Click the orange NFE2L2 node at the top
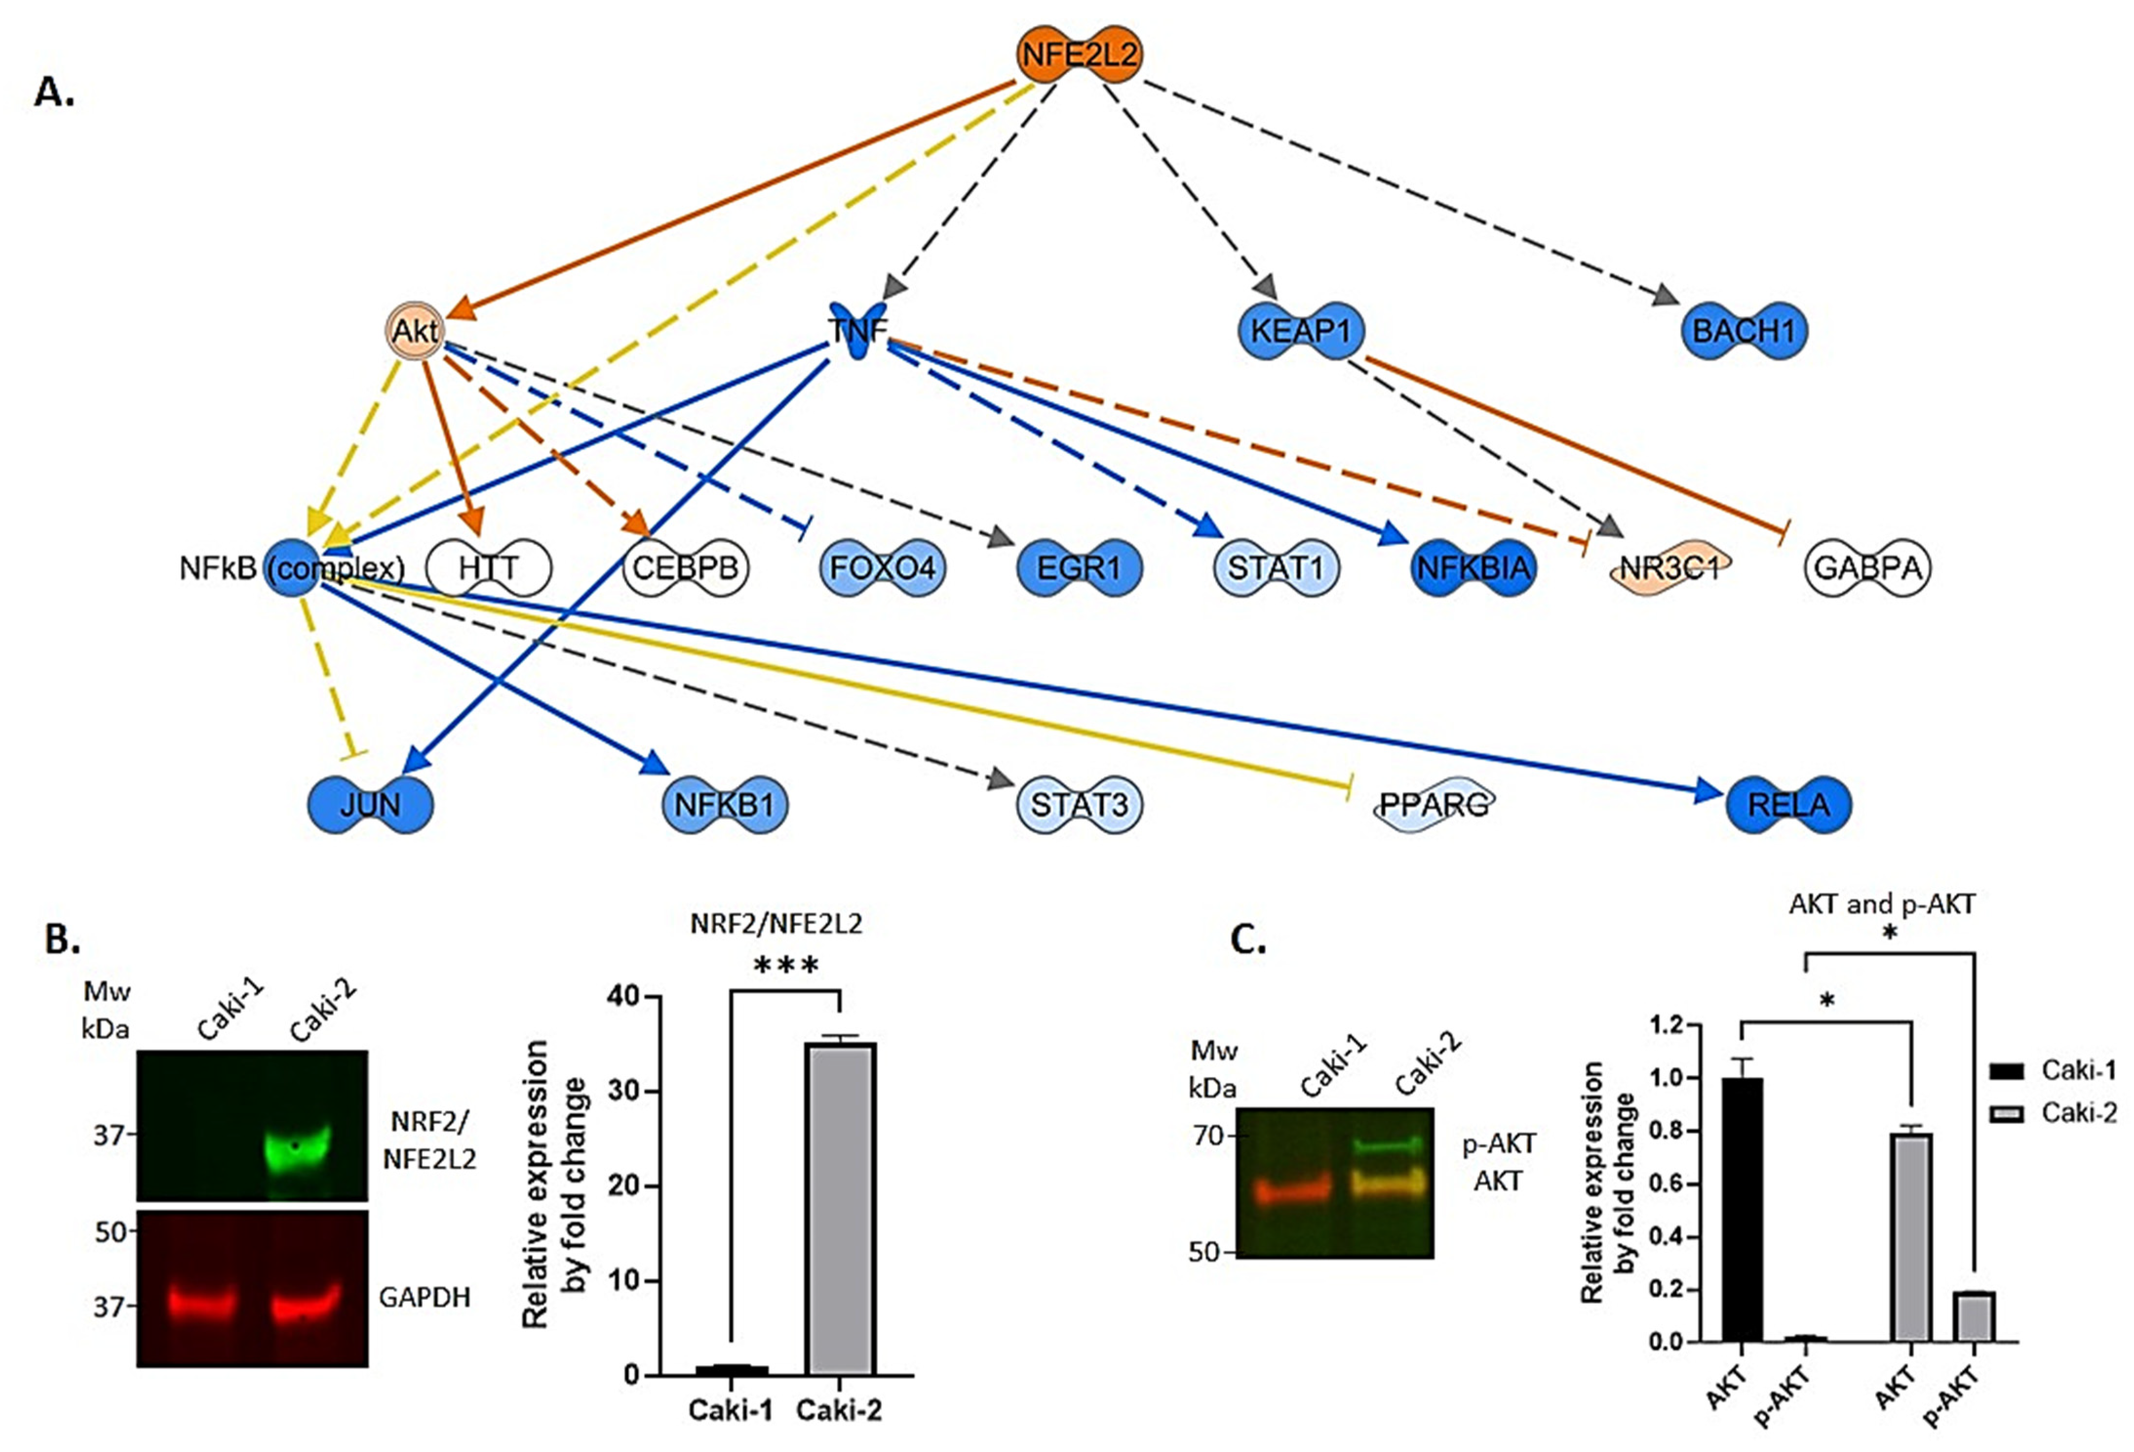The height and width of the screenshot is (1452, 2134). click(x=1079, y=54)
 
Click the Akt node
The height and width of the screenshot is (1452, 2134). click(x=415, y=331)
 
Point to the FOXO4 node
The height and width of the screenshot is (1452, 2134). click(x=882, y=568)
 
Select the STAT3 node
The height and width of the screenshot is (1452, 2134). click(x=1079, y=804)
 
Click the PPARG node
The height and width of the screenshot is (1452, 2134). click(x=1434, y=804)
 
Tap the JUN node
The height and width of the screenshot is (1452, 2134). click(x=370, y=804)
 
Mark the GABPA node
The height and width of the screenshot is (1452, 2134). click(x=1868, y=568)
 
